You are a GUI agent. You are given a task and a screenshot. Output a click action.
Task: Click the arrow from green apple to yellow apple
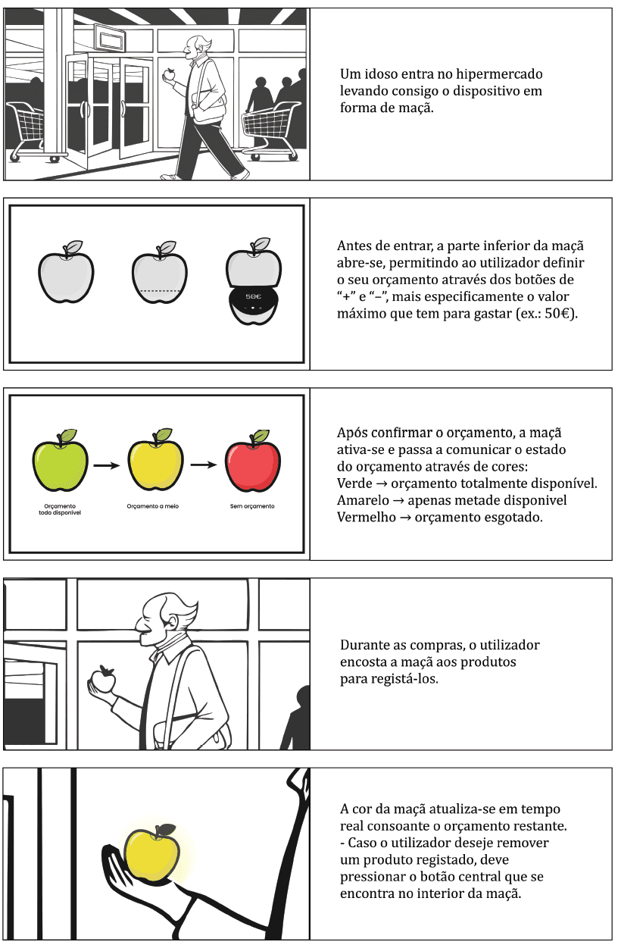click(107, 466)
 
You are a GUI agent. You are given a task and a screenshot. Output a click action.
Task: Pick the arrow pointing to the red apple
click(204, 465)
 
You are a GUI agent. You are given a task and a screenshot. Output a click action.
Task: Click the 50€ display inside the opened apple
click(254, 296)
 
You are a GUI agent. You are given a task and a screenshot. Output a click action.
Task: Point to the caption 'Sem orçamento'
click(252, 506)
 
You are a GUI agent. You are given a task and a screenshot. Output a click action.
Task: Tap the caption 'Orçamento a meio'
click(152, 506)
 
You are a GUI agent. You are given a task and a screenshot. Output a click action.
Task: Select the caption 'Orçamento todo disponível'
click(60, 509)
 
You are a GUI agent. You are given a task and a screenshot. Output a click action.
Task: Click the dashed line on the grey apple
click(161, 291)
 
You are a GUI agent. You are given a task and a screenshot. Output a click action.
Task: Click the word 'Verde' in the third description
click(354, 483)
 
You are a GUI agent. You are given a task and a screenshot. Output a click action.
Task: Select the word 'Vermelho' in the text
click(367, 518)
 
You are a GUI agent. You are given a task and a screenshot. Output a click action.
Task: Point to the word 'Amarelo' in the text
click(363, 500)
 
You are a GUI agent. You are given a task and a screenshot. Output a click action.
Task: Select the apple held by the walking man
click(169, 75)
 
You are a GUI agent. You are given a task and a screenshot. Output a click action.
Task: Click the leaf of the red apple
click(261, 436)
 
